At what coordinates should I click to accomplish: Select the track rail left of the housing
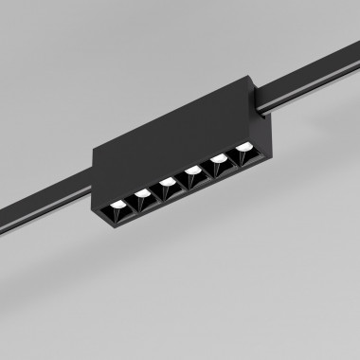[x=43, y=199]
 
